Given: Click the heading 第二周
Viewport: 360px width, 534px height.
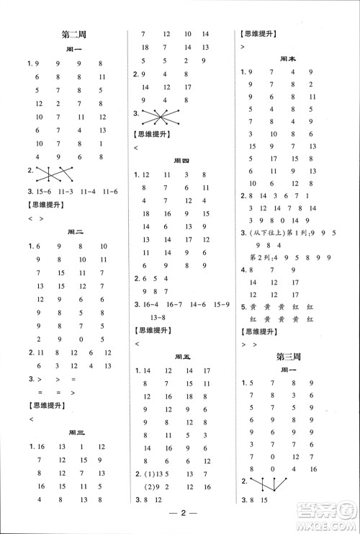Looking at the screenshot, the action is [x=76, y=33].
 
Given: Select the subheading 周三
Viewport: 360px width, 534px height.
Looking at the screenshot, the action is [x=76, y=432].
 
